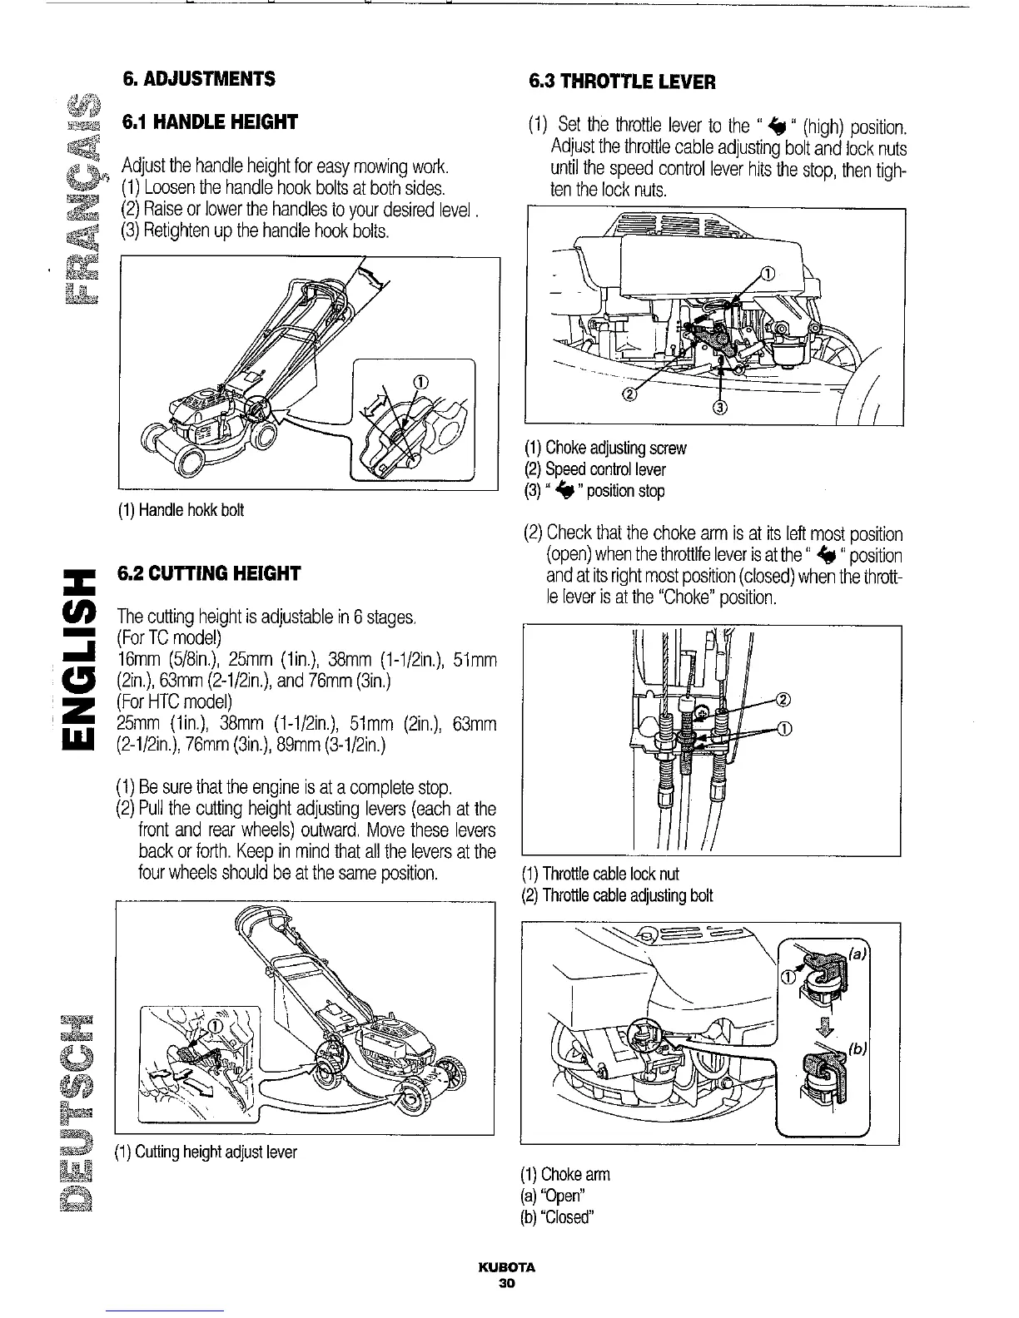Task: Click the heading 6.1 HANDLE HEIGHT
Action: (x=209, y=123)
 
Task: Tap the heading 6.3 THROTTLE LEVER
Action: (x=623, y=82)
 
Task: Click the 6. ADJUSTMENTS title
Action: (x=198, y=79)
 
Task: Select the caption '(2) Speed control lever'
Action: (x=595, y=469)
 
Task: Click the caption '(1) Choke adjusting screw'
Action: (x=605, y=448)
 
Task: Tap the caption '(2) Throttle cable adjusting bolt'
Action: (x=617, y=895)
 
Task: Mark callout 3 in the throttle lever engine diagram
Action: (x=721, y=408)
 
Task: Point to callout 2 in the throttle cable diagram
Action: (x=783, y=698)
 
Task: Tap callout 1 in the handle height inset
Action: (x=420, y=382)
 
